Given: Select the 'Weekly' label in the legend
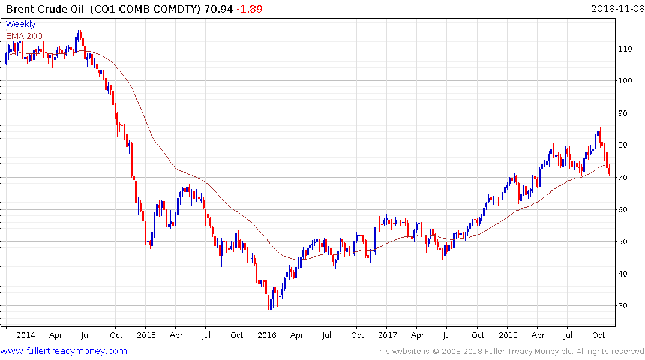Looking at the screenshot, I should [20, 24].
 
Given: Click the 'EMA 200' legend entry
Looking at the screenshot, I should [24, 35].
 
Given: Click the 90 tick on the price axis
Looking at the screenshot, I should [625, 113].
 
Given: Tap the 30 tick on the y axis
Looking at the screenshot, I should [625, 306].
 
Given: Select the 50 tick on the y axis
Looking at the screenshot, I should [625, 242].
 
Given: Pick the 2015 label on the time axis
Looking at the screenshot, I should [146, 335].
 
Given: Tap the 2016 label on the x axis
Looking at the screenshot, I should [267, 335].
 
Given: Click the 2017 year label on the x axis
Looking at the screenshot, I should [388, 335].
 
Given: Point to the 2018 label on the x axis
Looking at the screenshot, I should [508, 335].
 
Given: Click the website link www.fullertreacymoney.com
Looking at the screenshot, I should [64, 351].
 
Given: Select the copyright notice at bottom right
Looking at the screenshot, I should [509, 352].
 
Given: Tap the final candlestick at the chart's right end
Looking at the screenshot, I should [610, 172].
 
